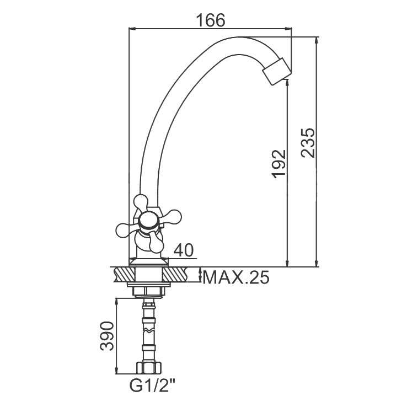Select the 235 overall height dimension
tap(308, 142)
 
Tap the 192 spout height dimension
tap(279, 164)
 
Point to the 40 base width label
tap(184, 250)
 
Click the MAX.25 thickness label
tap(236, 277)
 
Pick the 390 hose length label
tap(107, 336)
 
